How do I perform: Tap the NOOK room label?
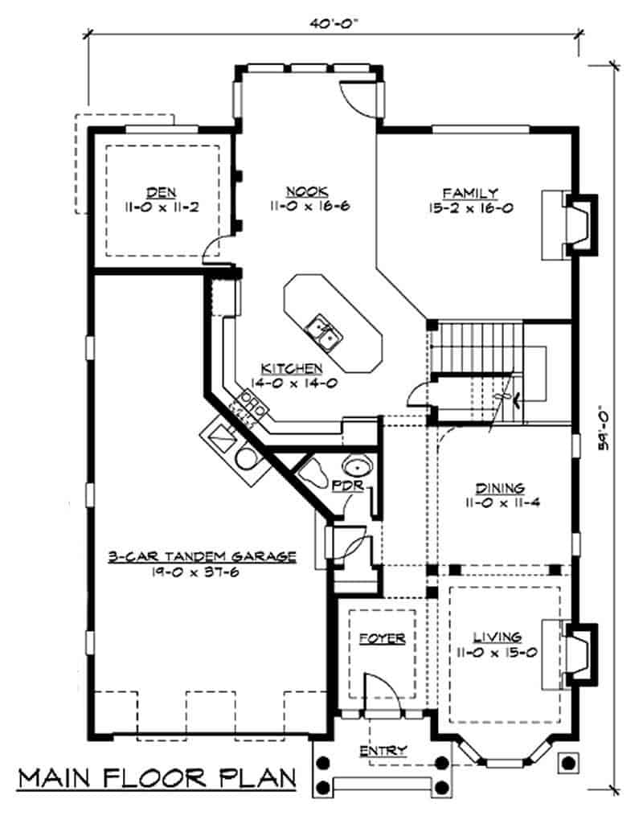[306, 191]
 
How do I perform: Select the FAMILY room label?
[470, 193]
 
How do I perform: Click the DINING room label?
[499, 488]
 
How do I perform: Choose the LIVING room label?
[498, 636]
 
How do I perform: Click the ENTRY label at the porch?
[383, 750]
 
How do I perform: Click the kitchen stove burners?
[250, 407]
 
